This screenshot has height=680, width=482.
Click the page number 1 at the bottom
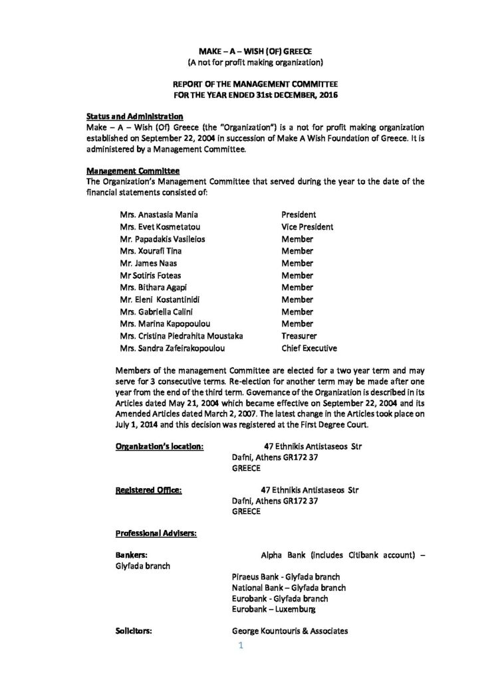pyautogui.click(x=240, y=643)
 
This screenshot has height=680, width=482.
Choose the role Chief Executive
pyautogui.click(x=309, y=348)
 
